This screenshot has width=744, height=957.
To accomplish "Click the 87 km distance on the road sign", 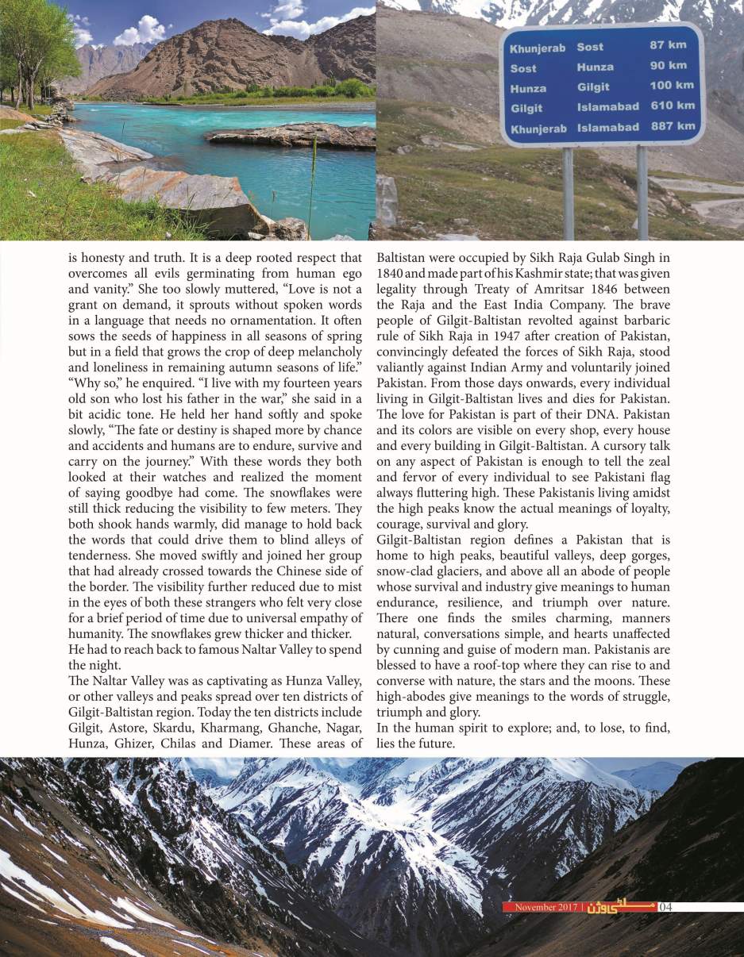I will pos(668,46).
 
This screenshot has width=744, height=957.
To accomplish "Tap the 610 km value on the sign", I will pos(673,106).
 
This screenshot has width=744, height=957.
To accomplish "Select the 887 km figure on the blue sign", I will pos(673,126).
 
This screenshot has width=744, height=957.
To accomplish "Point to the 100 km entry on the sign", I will pos(672,86).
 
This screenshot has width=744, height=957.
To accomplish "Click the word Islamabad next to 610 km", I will pos(607,106).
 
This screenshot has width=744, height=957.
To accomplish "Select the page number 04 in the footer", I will pos(666,907).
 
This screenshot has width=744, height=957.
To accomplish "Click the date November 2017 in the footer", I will pos(546,907).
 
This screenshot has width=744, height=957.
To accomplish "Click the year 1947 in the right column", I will pos(494,336).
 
